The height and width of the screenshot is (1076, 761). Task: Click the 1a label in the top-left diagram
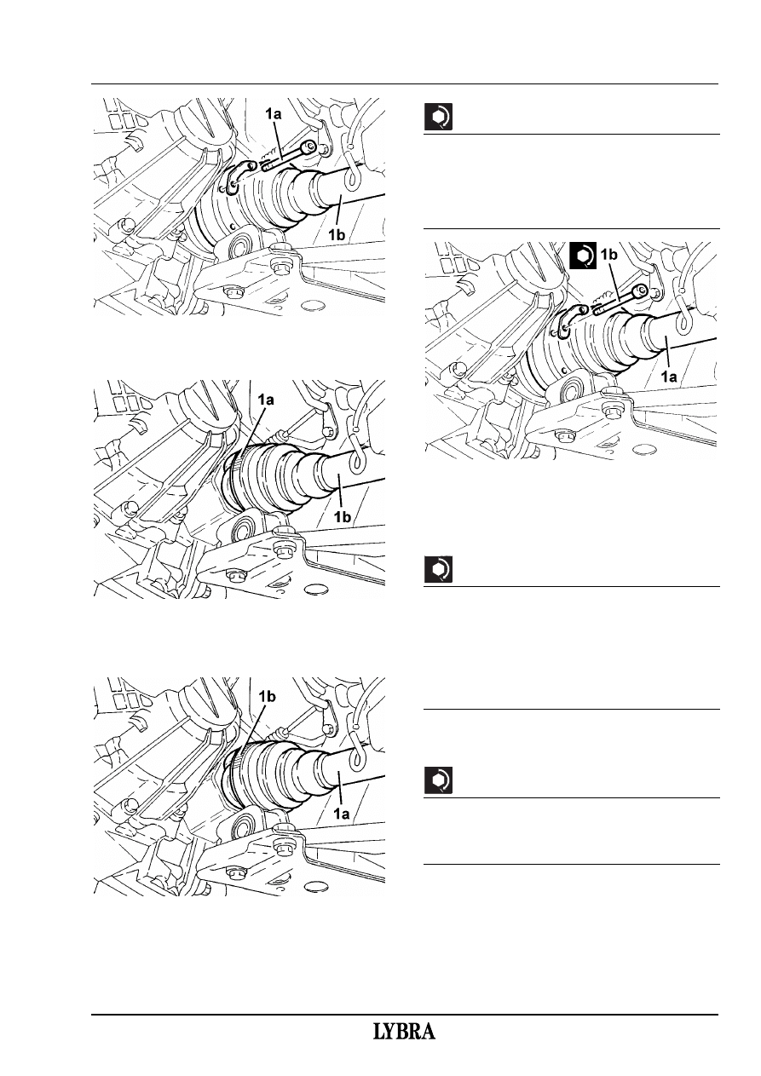[x=274, y=113]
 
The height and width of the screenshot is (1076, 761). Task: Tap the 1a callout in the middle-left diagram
[x=265, y=400]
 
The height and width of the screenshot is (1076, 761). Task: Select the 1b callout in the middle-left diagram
[x=342, y=516]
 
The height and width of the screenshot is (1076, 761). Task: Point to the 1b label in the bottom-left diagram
[x=267, y=697]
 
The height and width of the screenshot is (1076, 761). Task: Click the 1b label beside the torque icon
[x=608, y=255]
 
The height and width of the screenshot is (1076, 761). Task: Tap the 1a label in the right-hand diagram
[x=668, y=377]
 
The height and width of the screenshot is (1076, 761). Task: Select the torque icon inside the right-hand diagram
[x=583, y=255]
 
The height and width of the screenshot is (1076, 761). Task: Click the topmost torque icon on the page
[x=438, y=118]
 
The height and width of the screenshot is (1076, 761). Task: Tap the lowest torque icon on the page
[x=438, y=781]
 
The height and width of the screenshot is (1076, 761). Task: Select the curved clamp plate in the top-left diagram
[x=236, y=176]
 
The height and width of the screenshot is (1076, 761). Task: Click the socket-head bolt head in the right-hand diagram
[x=639, y=291]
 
